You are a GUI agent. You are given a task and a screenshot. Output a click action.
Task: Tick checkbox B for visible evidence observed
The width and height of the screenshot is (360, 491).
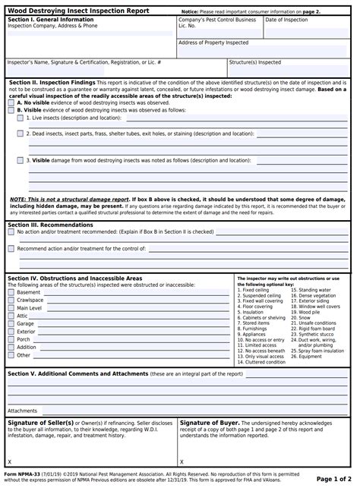click(x=11, y=110)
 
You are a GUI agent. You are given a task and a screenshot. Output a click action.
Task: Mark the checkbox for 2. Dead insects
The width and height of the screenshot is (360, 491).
click(x=21, y=134)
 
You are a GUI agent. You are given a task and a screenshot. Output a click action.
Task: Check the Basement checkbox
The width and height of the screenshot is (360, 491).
click(x=11, y=292)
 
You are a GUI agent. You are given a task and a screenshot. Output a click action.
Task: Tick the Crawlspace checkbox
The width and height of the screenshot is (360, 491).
click(x=11, y=301)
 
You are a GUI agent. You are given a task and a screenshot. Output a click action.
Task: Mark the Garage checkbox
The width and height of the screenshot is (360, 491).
click(x=11, y=324)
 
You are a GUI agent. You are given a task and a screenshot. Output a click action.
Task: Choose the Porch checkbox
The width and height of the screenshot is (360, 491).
click(x=11, y=339)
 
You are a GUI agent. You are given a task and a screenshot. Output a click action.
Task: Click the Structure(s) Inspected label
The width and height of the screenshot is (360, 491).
click(x=255, y=62)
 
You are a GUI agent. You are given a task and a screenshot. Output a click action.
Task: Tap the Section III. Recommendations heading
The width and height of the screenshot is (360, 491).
click(x=50, y=225)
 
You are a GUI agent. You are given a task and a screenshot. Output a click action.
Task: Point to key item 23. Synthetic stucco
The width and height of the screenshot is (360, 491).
click(x=318, y=334)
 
